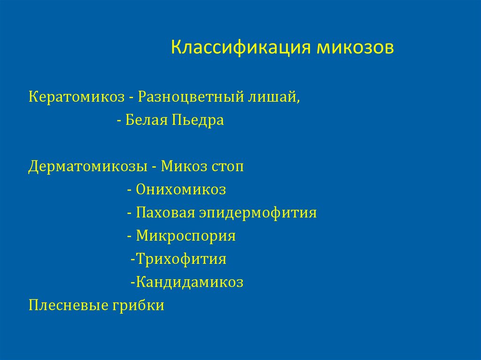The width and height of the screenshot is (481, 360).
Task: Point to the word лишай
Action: click(274, 98)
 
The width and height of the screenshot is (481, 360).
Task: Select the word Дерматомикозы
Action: click(87, 167)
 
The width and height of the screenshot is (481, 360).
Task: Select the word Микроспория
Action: click(186, 236)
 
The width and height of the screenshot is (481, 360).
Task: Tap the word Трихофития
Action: click(181, 259)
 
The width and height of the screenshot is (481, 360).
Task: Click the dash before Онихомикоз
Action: click(129, 191)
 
